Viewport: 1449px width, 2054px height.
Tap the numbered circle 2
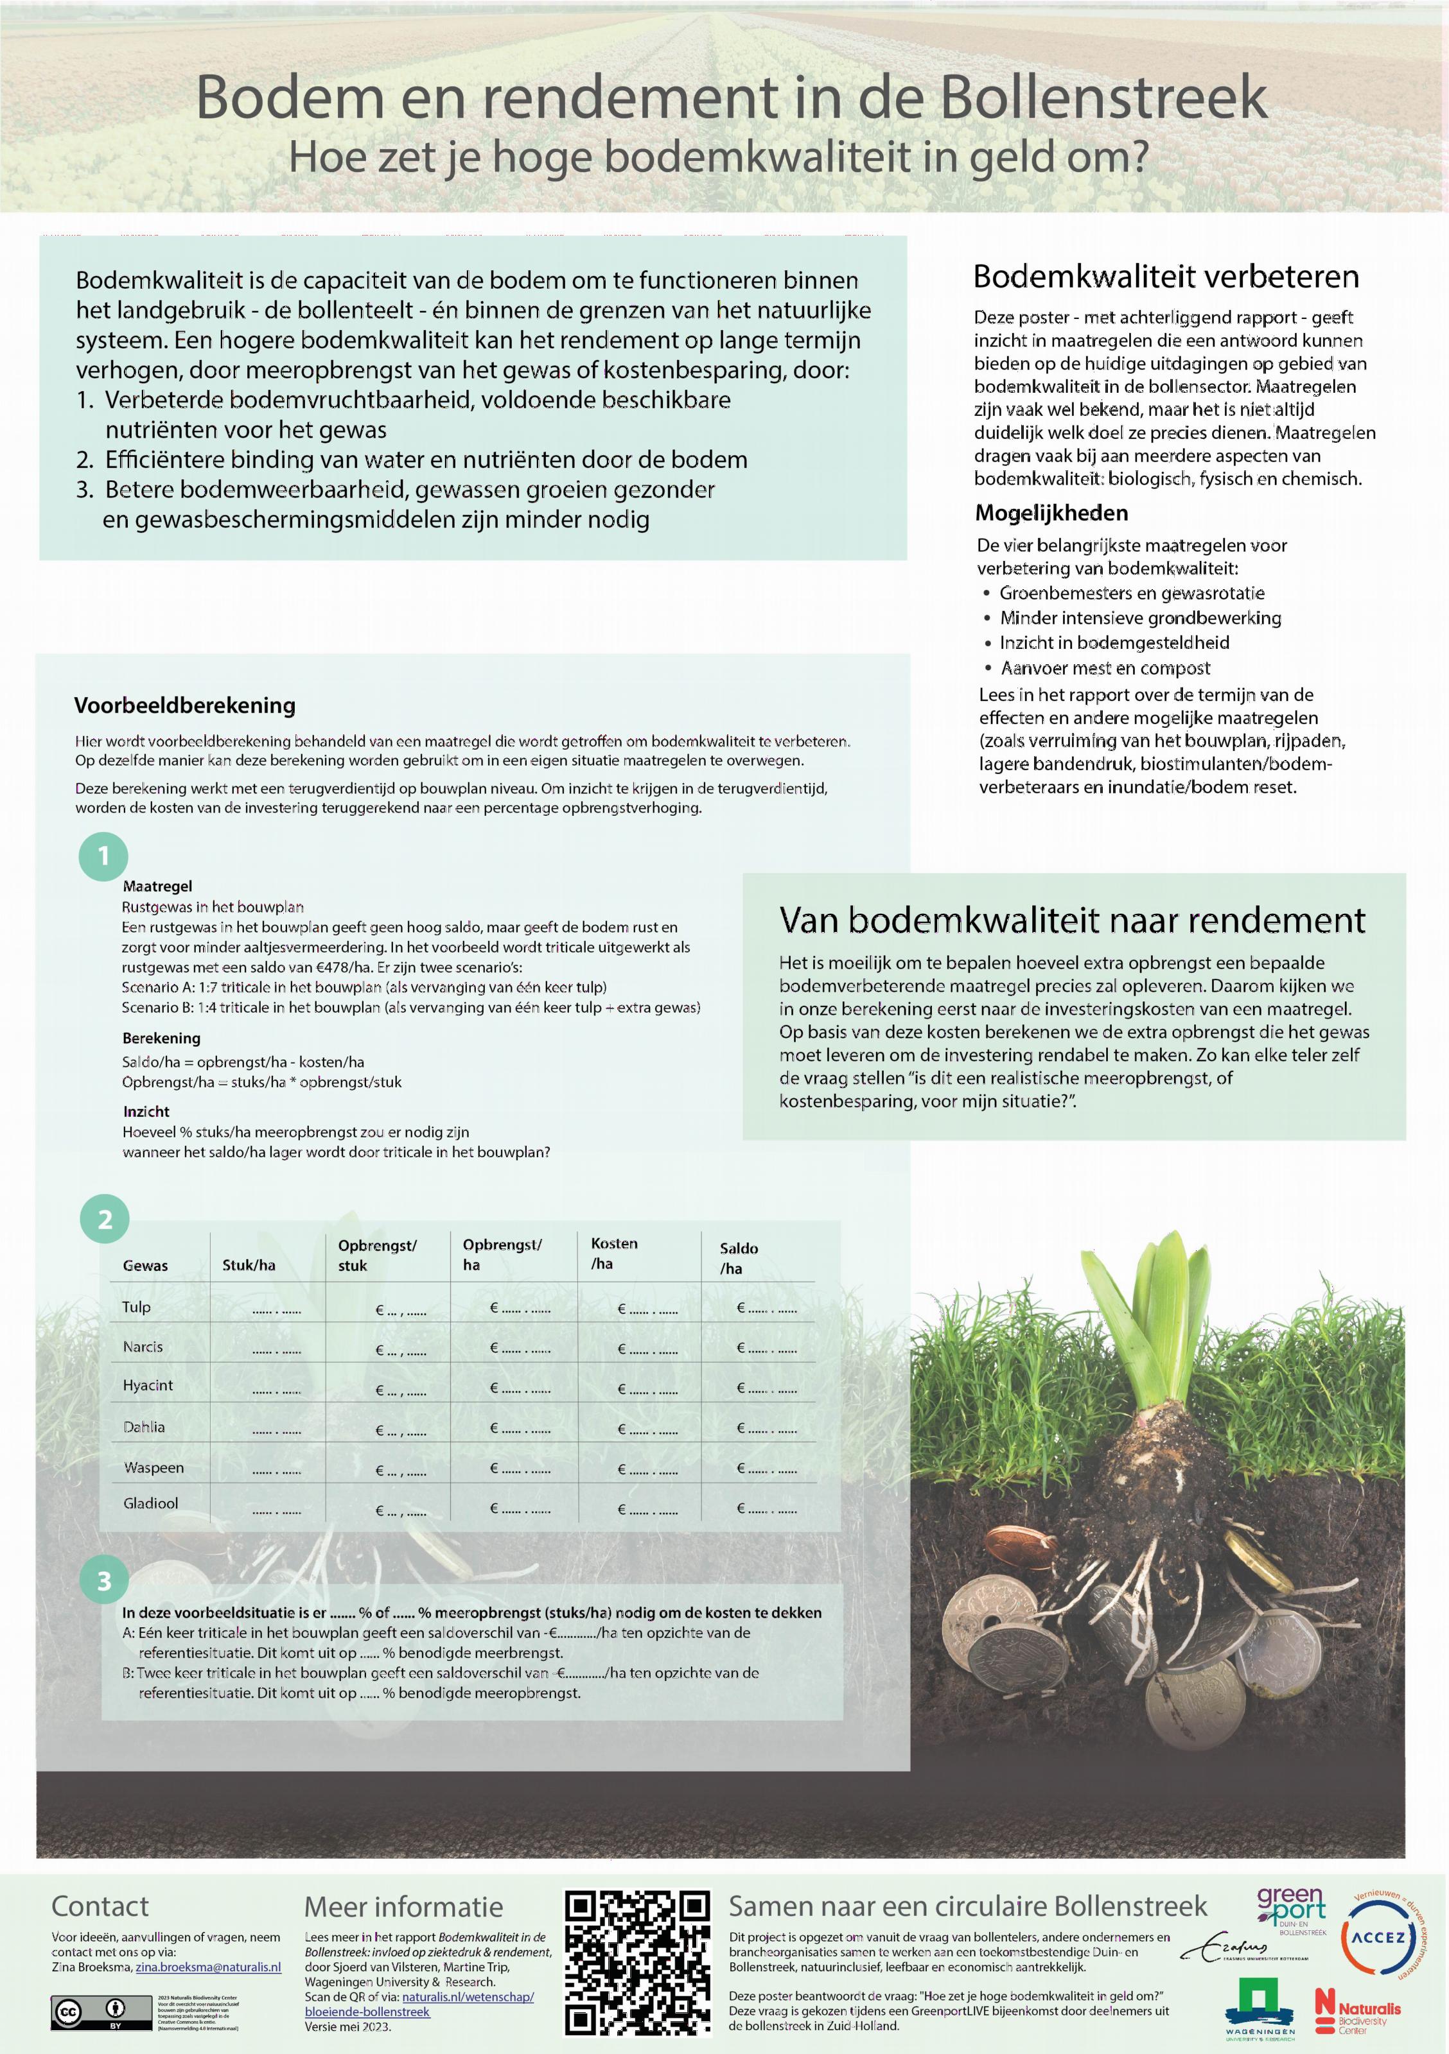coord(104,1220)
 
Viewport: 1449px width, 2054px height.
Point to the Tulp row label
coord(136,1307)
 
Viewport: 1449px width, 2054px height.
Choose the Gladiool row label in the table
coord(150,1503)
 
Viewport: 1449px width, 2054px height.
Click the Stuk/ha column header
coord(249,1265)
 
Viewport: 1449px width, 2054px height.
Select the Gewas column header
coord(145,1265)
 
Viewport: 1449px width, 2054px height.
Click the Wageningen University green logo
coord(1260,2007)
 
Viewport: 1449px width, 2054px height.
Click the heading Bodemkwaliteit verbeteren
coord(1165,277)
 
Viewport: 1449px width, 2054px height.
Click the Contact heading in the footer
coord(100,1906)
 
